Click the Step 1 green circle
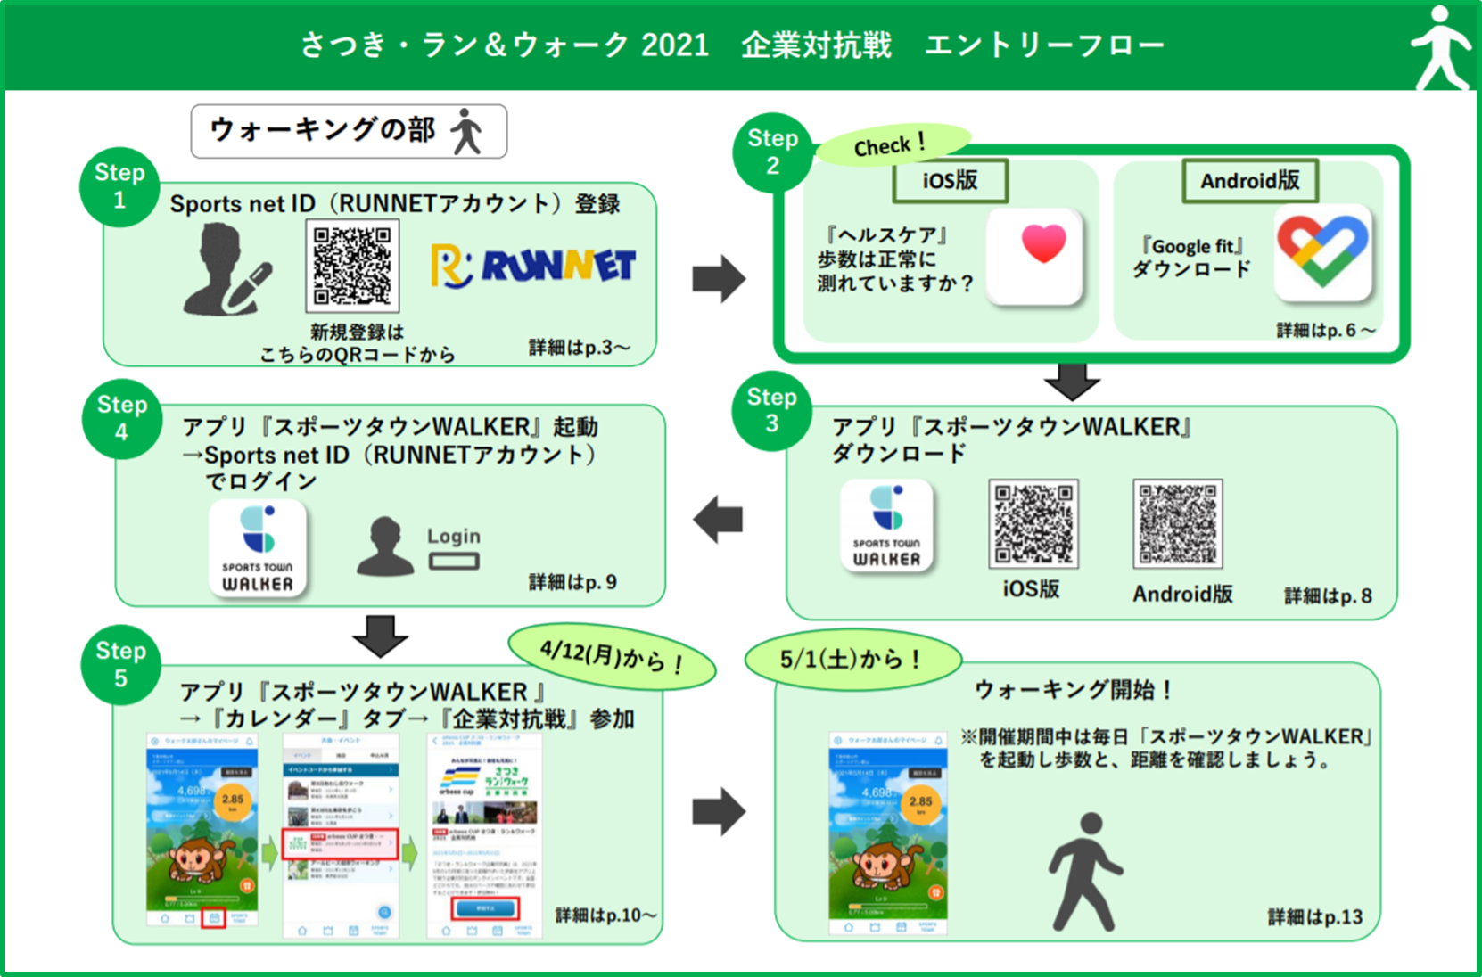119,186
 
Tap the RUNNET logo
533,266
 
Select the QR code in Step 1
352,266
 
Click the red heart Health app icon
1035,257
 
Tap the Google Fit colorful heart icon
1322,252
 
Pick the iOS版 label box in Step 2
950,181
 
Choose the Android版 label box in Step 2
1249,181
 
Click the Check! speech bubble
892,145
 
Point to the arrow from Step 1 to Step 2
719,278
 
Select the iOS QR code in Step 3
1033,524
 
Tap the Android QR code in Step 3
1178,524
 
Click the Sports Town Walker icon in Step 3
886,525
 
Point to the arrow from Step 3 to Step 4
719,519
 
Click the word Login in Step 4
453,537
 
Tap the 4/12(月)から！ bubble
612,658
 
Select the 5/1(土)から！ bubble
852,660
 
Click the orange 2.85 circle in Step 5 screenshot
233,801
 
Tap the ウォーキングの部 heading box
349,131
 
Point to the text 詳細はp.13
1314,917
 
